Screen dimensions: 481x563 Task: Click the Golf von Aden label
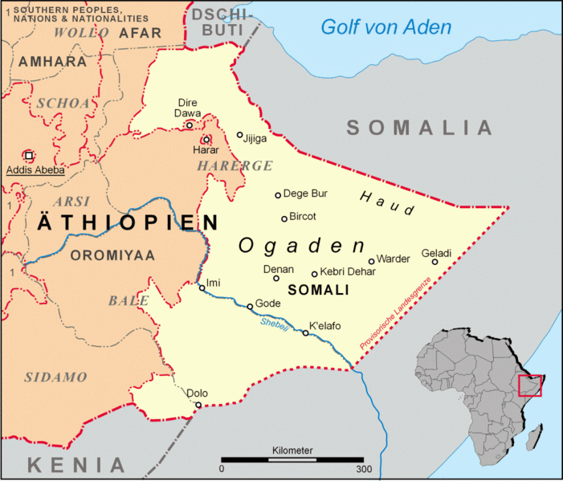click(386, 27)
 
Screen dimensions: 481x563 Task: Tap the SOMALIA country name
click(419, 127)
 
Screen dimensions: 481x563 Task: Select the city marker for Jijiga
click(240, 135)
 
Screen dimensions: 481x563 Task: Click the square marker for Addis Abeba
click(29, 155)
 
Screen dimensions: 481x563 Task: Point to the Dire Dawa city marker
click(190, 124)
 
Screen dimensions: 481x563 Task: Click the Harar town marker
click(206, 139)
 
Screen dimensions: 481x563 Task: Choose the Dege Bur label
click(307, 194)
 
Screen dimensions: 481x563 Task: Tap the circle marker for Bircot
click(284, 218)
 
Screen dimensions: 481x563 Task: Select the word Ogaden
click(301, 246)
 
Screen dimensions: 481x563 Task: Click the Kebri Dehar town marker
click(315, 274)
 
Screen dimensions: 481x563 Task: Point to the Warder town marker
click(371, 261)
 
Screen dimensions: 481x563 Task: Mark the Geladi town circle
click(434, 262)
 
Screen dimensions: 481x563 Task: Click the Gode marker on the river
click(250, 306)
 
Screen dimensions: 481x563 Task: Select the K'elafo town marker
click(305, 332)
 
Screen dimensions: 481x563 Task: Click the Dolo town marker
click(198, 405)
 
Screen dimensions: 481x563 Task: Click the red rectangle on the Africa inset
click(530, 385)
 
